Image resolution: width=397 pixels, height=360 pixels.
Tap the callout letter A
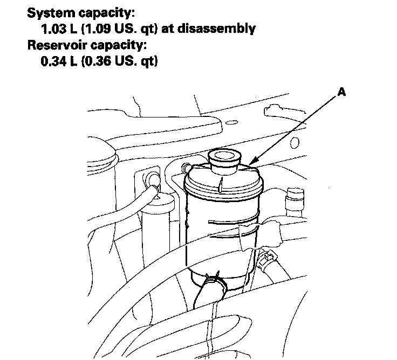(x=341, y=93)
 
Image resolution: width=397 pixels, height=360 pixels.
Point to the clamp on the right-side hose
(x=266, y=261)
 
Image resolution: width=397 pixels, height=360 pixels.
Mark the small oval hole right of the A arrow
(x=295, y=143)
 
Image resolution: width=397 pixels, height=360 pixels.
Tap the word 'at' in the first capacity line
(x=167, y=29)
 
